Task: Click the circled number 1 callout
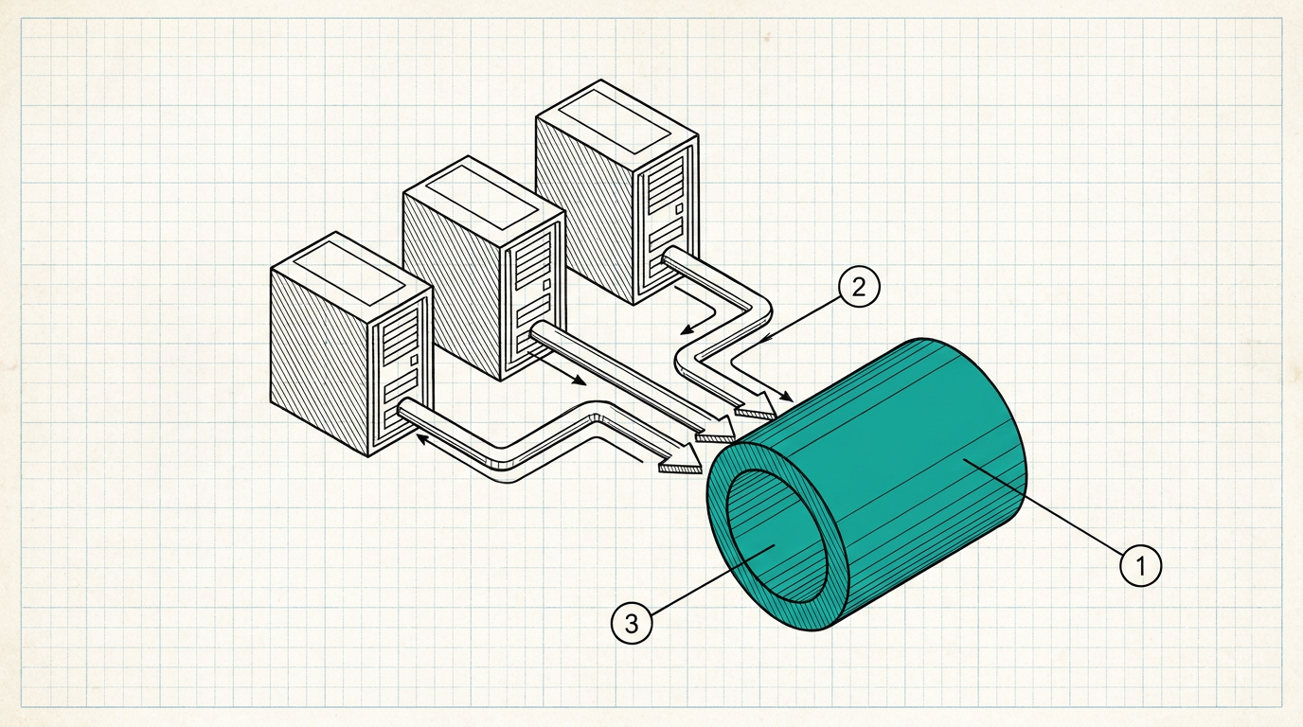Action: [x=1141, y=565]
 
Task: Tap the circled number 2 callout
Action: [x=859, y=287]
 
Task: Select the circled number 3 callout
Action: [x=632, y=623]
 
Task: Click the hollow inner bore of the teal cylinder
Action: [x=776, y=536]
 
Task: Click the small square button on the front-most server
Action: [x=414, y=361]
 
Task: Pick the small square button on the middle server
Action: [x=546, y=284]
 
